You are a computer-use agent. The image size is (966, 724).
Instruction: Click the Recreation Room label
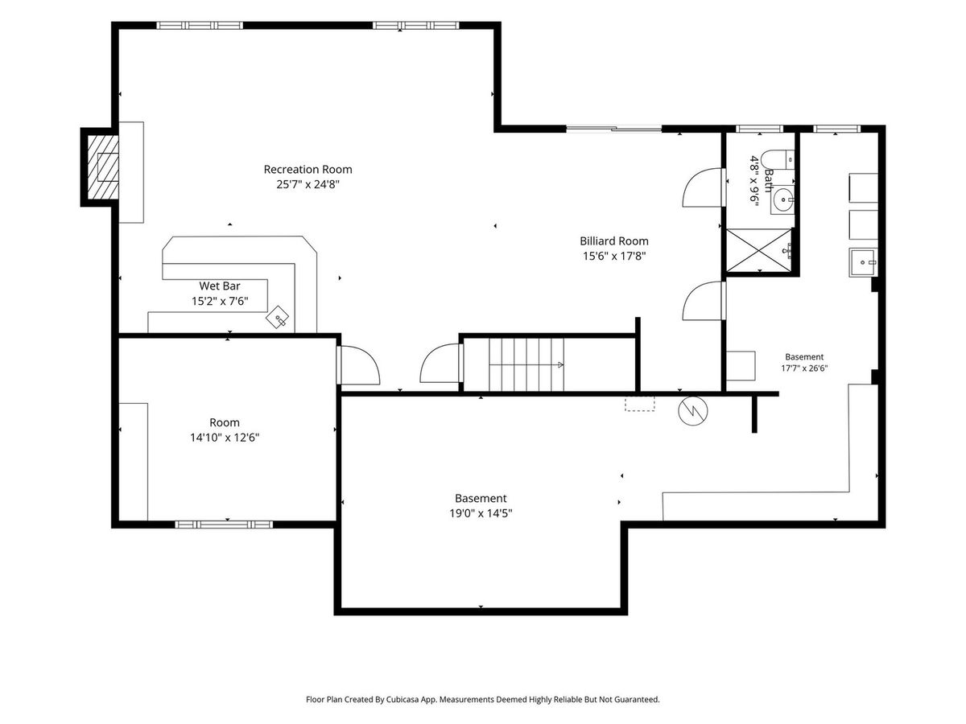coord(308,169)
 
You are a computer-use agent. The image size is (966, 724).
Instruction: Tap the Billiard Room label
coord(614,241)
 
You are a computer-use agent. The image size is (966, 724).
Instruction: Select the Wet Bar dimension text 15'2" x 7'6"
coord(220,301)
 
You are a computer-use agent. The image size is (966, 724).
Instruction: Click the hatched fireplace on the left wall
coord(103,167)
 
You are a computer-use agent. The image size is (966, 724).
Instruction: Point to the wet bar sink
coord(277,316)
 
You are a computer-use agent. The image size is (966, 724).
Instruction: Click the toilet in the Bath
coord(778,159)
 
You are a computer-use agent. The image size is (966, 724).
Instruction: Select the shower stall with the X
coord(759,250)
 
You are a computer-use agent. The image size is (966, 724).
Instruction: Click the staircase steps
coord(526,364)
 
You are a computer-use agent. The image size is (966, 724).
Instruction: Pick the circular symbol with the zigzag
coord(693,411)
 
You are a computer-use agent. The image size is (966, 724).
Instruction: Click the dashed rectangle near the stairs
coord(639,404)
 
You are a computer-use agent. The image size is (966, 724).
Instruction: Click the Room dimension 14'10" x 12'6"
coord(225,438)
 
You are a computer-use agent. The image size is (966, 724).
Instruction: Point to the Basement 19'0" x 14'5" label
coord(481,505)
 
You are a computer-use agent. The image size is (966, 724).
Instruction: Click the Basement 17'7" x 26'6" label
coord(804,363)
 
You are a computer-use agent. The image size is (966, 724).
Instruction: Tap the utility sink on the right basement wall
coord(863,262)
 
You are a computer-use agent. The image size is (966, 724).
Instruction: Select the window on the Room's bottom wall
coord(224,524)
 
